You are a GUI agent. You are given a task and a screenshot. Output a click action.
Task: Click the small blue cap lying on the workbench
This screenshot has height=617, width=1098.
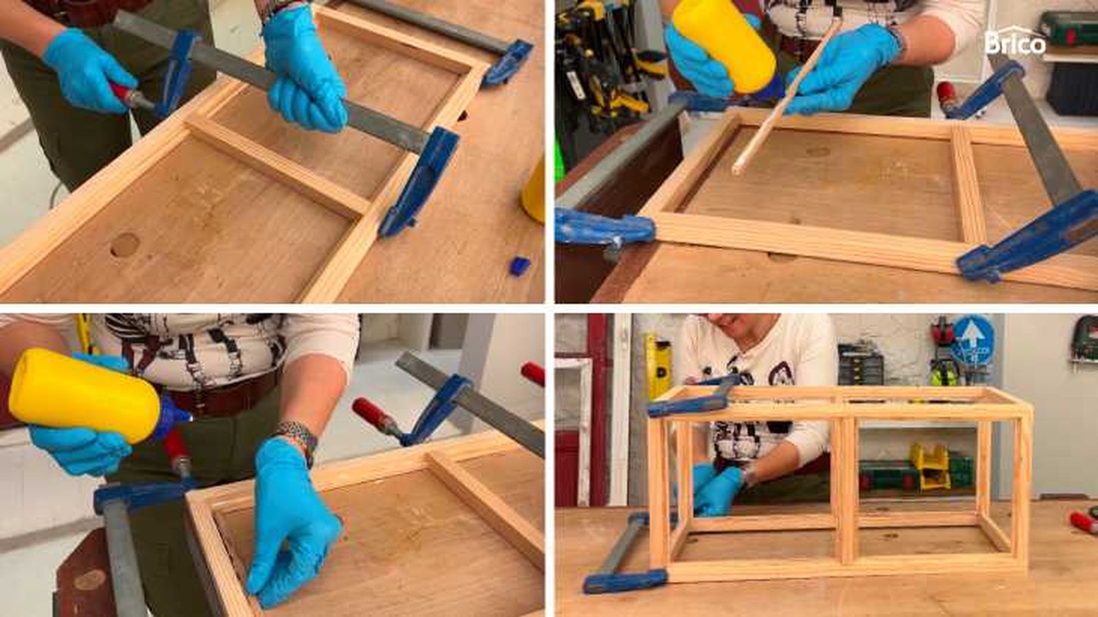[519, 265]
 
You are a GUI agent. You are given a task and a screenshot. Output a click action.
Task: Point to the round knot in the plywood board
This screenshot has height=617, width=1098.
[124, 245]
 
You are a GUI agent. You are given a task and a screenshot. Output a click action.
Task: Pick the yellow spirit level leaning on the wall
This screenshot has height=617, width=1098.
[658, 365]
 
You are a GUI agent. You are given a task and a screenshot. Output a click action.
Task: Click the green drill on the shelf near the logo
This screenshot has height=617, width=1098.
[1068, 30]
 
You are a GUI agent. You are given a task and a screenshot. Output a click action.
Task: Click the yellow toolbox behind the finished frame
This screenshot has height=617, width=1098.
[931, 467]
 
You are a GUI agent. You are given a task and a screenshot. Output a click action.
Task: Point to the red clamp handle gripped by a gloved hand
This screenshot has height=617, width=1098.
[124, 93]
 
